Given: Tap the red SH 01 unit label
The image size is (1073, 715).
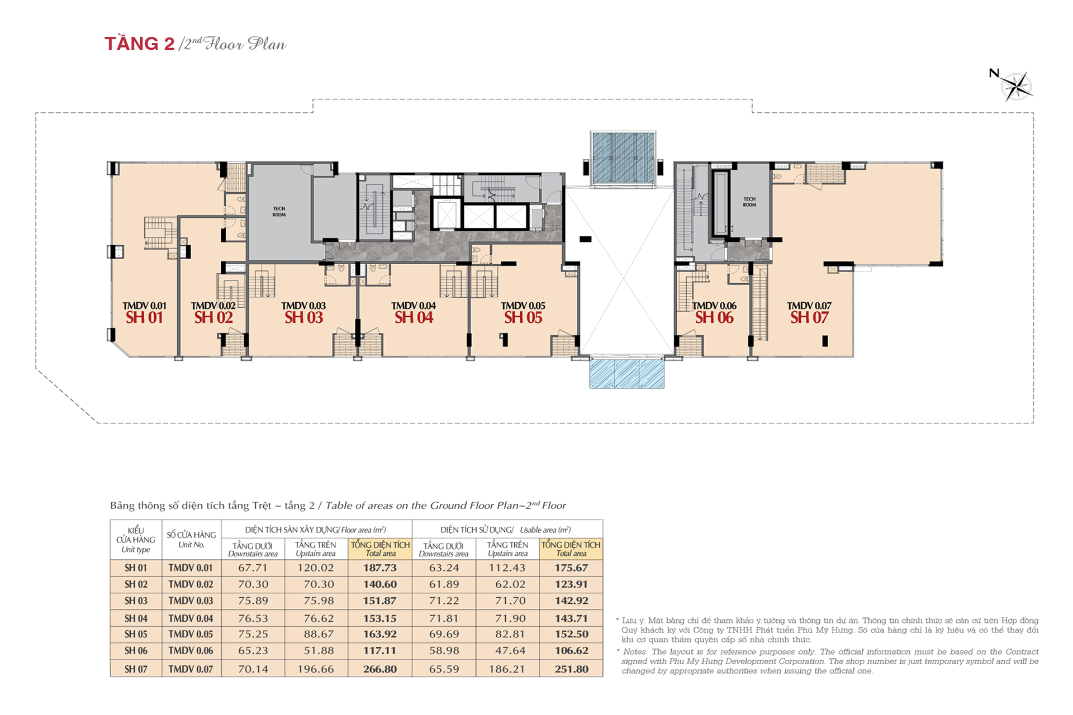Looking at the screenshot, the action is [x=144, y=318].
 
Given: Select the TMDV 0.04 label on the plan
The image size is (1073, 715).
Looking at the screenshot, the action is [x=414, y=306].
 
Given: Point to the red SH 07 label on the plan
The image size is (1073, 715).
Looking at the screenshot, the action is [x=809, y=318].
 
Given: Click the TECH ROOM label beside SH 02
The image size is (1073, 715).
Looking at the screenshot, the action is [x=279, y=212].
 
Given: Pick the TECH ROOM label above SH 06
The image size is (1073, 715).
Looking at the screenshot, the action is [x=749, y=202].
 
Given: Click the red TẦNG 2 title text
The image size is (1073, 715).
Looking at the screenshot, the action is [x=140, y=44].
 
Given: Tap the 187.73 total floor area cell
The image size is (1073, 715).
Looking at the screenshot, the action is [x=380, y=568].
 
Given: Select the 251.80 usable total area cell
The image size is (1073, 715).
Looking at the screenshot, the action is [x=571, y=669].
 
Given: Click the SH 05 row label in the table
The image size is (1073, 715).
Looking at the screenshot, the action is [x=136, y=634].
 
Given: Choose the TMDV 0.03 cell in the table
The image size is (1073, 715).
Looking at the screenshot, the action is [x=191, y=601].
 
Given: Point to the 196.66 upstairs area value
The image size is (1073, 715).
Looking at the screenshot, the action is [x=316, y=669].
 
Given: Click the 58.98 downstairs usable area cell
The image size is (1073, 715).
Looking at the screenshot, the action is [x=444, y=650].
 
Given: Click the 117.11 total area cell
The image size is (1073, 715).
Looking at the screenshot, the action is [x=380, y=650].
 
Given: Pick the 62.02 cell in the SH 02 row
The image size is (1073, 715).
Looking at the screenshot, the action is [x=507, y=584].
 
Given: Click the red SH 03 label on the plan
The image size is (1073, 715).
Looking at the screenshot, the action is [x=303, y=318].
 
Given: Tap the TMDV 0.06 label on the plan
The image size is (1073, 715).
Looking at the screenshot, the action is [x=714, y=306].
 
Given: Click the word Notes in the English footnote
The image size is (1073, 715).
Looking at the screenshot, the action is [x=635, y=652].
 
